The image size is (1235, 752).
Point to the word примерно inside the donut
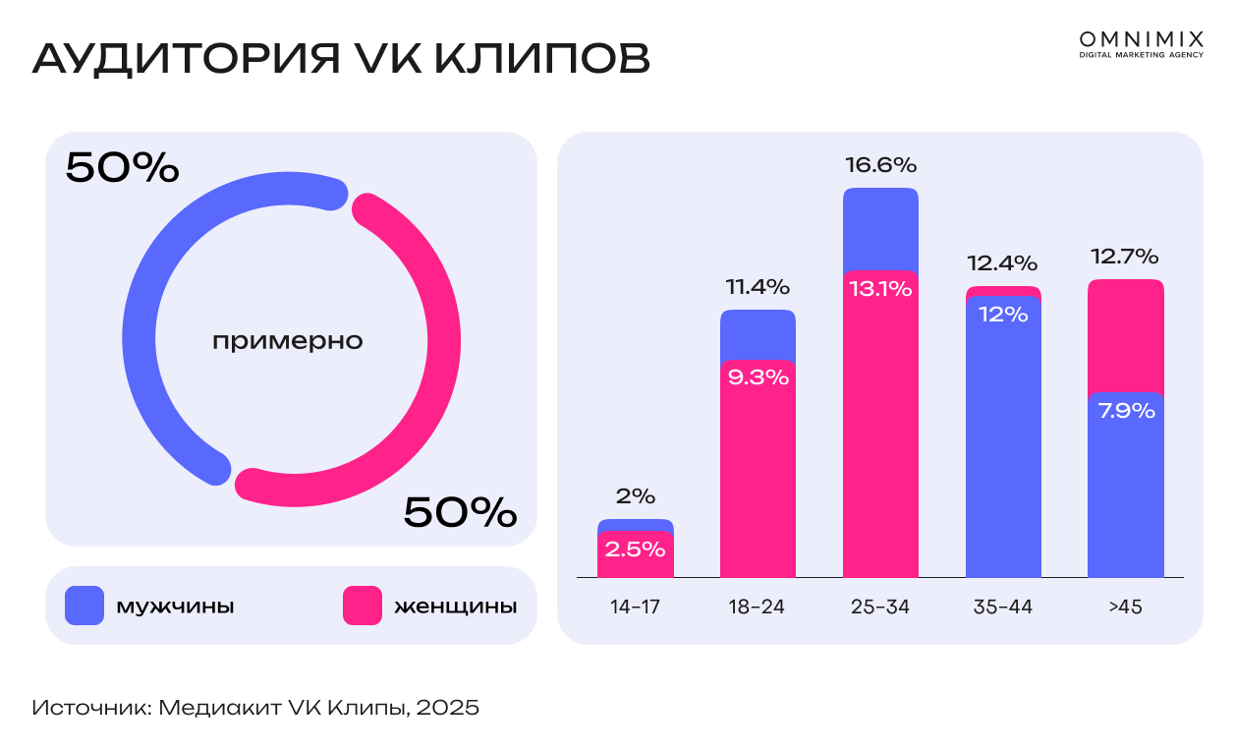[x=288, y=342]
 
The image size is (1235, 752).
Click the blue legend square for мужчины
[x=84, y=606]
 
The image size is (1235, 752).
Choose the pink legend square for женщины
[x=363, y=606]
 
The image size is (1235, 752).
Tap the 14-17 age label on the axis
[x=635, y=607]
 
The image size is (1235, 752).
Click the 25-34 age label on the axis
[x=880, y=607]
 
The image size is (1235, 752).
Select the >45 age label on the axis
[x=1125, y=607]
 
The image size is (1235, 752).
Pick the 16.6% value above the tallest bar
[x=880, y=165]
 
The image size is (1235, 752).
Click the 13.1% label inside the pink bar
[x=880, y=290]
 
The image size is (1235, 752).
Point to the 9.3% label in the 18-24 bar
[x=758, y=377]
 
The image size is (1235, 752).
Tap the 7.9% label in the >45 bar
[x=1125, y=411]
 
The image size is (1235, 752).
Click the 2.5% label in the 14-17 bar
[x=635, y=549]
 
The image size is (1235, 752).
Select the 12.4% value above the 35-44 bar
[x=1002, y=263]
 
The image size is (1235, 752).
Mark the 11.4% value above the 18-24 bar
[x=758, y=287]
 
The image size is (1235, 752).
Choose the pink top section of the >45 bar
[x=1125, y=334]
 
